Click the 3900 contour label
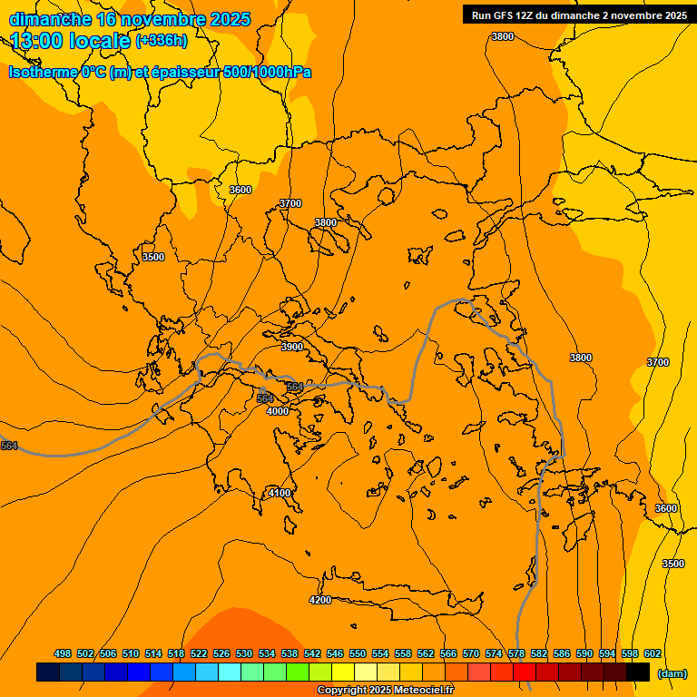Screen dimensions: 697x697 291,347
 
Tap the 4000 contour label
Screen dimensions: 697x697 277,411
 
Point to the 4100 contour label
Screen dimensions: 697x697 280,493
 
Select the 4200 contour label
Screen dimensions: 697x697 319,600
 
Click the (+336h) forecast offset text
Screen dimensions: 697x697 162,40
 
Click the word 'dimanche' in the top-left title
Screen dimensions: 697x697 50,19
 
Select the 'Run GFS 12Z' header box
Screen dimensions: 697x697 578,15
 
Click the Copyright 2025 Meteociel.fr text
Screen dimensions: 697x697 385,691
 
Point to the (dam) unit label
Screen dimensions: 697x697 672,672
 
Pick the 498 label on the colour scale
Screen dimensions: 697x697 63,653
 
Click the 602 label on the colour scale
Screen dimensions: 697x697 653,653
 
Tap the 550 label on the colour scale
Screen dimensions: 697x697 358,653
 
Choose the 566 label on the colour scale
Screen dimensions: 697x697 448,653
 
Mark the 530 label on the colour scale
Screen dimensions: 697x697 244,653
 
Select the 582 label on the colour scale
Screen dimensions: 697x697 539,653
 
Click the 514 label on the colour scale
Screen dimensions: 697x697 153,653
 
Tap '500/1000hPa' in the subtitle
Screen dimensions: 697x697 268,72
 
